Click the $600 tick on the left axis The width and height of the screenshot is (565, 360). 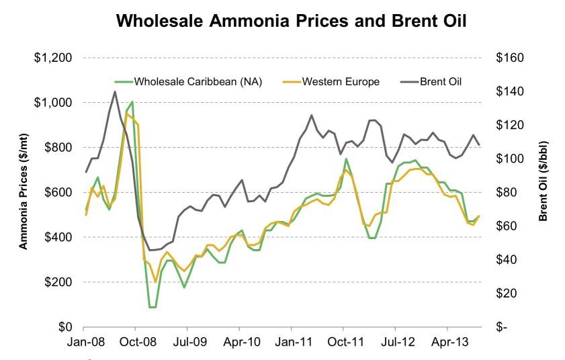56,193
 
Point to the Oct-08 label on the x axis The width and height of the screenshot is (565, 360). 135,342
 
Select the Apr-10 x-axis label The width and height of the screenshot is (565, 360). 240,342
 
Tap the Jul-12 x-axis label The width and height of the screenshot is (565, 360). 396,342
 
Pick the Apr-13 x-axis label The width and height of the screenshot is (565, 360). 448,342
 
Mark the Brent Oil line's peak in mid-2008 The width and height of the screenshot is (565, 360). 115,92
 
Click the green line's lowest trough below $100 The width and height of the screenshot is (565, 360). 153,307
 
